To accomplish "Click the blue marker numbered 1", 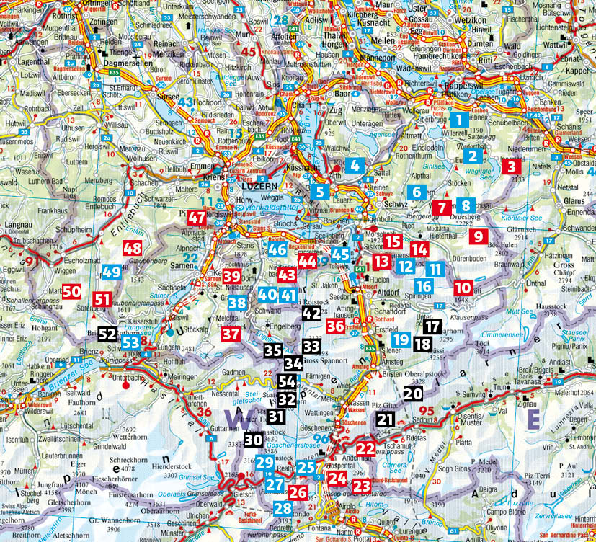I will point(458,120).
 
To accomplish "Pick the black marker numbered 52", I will point(107,334).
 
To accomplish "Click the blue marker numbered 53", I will point(130,342).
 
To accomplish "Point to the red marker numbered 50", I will point(71,292).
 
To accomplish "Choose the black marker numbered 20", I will point(413,394).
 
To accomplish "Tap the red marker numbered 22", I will point(366,449).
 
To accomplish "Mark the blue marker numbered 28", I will point(283,509).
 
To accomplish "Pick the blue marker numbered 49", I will point(111,272).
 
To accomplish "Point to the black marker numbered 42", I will point(311,313).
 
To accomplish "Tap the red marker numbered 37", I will point(231,334).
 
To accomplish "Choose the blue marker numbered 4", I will point(355,165).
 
